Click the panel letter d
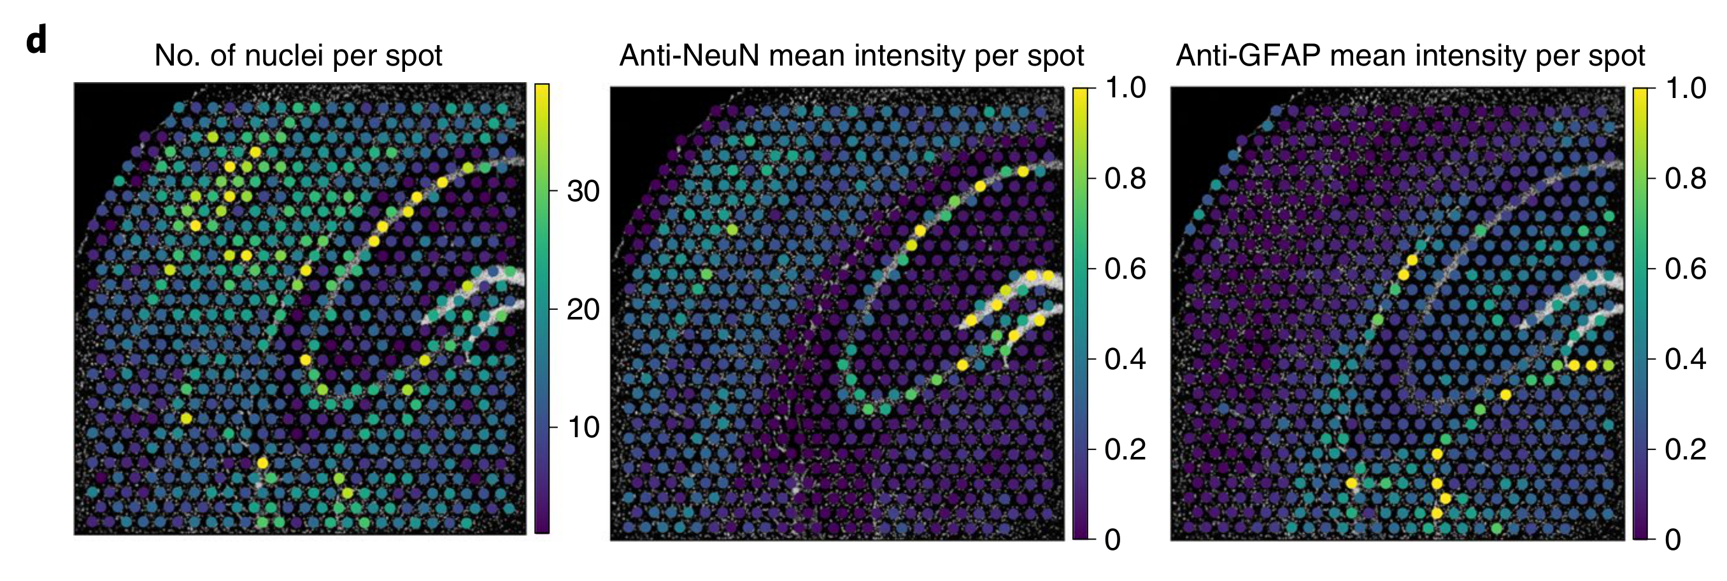coord(36,41)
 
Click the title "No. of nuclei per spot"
coord(297,55)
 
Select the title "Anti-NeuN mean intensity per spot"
coord(851,55)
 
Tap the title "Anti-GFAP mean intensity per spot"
coord(1410,55)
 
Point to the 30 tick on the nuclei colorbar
coord(583,192)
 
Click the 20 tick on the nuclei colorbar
coord(583,310)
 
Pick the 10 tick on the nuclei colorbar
coord(583,427)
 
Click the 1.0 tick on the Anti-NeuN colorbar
coord(1125,88)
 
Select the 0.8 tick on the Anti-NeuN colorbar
coord(1125,178)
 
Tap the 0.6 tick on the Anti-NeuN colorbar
coord(1125,269)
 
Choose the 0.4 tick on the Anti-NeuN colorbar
coord(1125,359)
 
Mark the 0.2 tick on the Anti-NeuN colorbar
coord(1125,449)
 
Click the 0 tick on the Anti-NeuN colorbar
coord(1113,540)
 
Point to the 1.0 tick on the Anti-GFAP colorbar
coord(1686,88)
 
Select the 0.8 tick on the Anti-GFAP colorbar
coord(1686,178)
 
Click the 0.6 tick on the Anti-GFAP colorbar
coord(1686,269)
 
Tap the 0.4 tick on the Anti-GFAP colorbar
coord(1686,359)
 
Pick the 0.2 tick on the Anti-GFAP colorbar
coord(1686,449)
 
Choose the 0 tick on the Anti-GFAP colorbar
coord(1674,540)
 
